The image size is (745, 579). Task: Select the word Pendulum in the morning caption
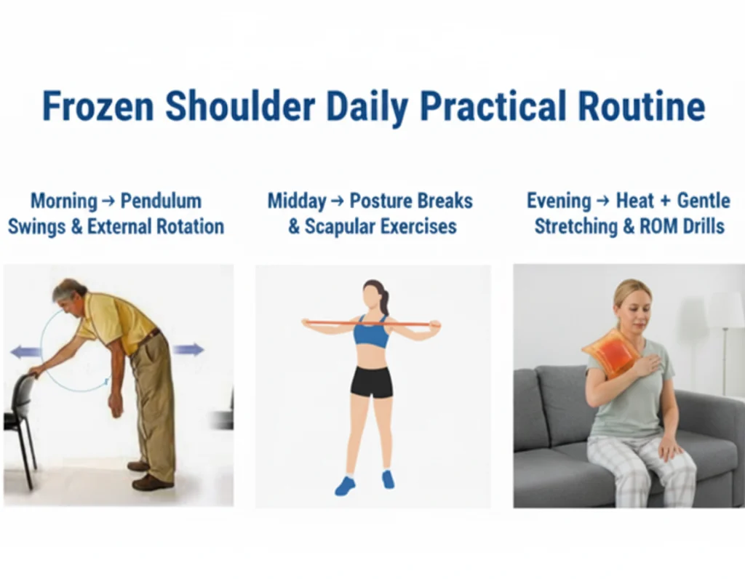(x=161, y=201)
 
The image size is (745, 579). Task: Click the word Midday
(x=297, y=201)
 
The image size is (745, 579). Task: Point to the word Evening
(x=559, y=201)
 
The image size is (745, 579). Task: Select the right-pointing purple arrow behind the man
(x=188, y=349)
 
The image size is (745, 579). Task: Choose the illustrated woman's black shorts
(x=372, y=381)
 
